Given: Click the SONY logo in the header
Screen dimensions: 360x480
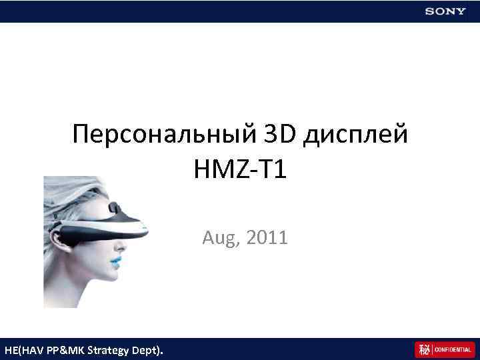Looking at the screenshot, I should [446, 11].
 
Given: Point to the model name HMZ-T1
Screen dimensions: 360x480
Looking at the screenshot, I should [240, 170].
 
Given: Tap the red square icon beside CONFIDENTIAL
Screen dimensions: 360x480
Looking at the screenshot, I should [423, 349].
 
